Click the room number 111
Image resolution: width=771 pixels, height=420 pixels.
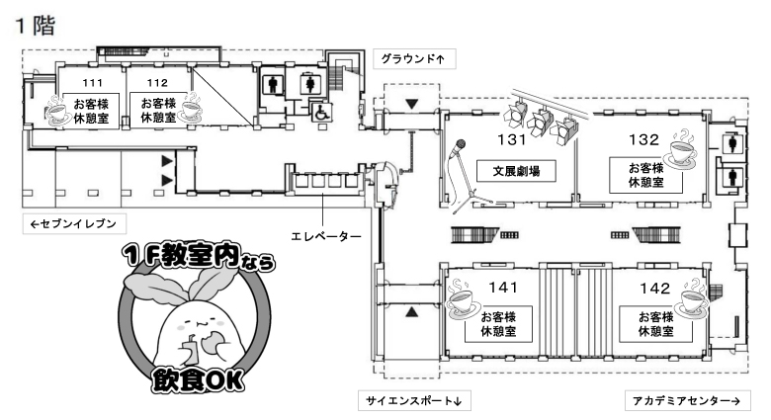92,83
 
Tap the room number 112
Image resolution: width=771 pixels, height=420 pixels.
156,83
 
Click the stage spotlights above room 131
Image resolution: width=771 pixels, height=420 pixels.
543,120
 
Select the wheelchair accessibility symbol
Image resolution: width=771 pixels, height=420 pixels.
322,114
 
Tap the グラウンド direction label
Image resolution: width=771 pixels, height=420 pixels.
413,58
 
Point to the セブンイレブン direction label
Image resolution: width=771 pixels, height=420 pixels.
73,224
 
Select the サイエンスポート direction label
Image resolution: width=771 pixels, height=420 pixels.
414,400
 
